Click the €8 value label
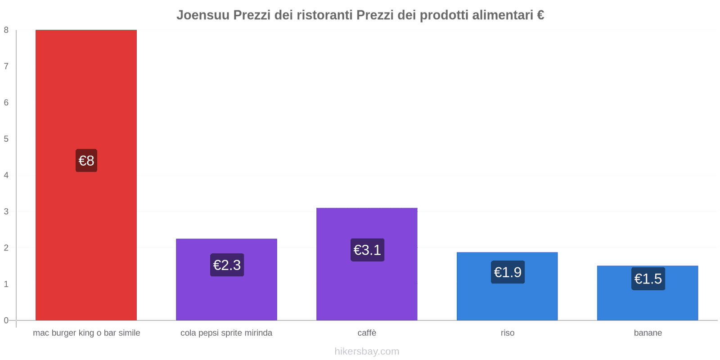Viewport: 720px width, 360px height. coord(86,161)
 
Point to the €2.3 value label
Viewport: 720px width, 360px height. coord(227,265)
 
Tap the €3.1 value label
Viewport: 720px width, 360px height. coord(367,250)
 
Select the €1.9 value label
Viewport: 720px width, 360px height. coord(508,272)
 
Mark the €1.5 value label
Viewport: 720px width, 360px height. coord(648,279)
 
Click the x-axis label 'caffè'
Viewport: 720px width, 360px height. coord(367,333)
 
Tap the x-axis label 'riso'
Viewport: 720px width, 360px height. coord(508,333)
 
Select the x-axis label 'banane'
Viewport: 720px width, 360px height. coord(648,333)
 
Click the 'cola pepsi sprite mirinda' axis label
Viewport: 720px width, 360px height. coord(226,333)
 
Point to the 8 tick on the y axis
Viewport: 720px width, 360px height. coord(6,30)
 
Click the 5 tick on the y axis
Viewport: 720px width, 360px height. coord(6,139)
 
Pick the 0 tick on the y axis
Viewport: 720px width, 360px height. coord(6,320)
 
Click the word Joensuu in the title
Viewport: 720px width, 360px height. coord(203,15)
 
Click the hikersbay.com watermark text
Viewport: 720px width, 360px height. coord(367,351)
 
